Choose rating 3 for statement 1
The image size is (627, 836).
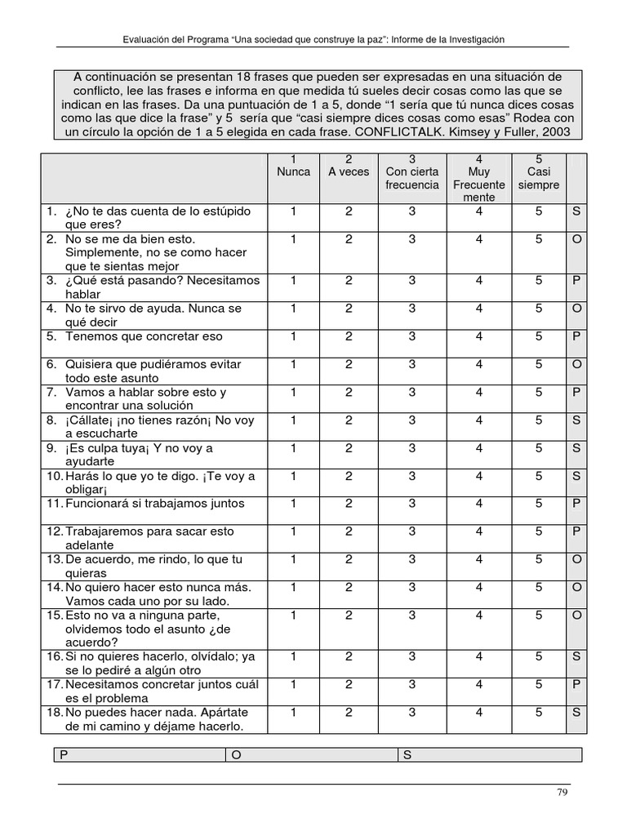point(412,211)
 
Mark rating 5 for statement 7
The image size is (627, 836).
point(539,393)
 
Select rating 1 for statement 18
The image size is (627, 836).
point(293,713)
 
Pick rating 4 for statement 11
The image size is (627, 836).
point(479,504)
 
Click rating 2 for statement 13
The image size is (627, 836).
point(349,559)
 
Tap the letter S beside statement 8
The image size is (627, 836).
point(576,420)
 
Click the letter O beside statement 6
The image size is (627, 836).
point(576,365)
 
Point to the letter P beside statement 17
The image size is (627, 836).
point(576,685)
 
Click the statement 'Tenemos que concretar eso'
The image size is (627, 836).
point(144,336)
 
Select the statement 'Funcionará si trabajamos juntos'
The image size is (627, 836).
point(154,504)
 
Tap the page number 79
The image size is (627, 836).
point(562,793)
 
